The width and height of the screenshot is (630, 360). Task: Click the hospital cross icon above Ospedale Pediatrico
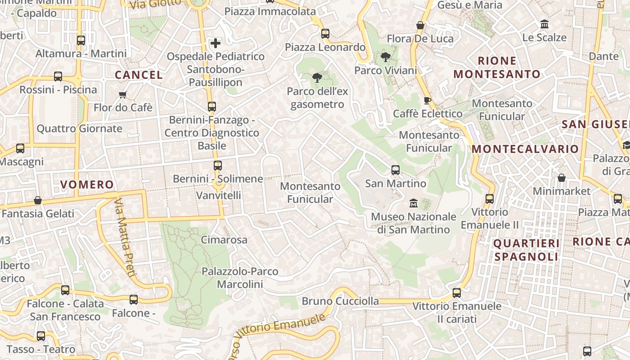point(216,43)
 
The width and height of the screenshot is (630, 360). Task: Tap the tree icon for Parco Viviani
point(385,57)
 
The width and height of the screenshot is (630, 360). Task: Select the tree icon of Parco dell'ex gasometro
point(317,78)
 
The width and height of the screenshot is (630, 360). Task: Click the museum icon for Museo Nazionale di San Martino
point(413,203)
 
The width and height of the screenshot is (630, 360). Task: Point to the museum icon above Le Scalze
point(544,24)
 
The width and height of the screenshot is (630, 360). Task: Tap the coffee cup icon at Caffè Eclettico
point(427,100)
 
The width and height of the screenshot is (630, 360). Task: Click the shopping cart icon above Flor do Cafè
point(122,94)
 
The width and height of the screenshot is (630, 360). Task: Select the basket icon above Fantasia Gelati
point(38,200)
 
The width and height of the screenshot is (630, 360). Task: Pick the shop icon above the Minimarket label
point(561,178)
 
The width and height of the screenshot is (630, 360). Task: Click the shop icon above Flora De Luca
point(420,25)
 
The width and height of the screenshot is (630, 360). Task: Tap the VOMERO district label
point(87,184)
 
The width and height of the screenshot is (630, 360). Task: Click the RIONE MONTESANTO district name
point(497,67)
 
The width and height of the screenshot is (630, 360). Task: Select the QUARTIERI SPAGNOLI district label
point(526,250)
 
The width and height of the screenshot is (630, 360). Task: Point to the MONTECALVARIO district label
point(525,148)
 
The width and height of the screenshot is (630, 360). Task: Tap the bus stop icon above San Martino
point(395,170)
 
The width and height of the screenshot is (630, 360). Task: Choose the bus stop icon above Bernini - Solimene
point(218,166)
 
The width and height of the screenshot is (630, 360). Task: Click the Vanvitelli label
point(219,195)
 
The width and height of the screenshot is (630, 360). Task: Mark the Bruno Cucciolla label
point(340,301)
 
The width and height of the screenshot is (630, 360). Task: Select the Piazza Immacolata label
point(270,12)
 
